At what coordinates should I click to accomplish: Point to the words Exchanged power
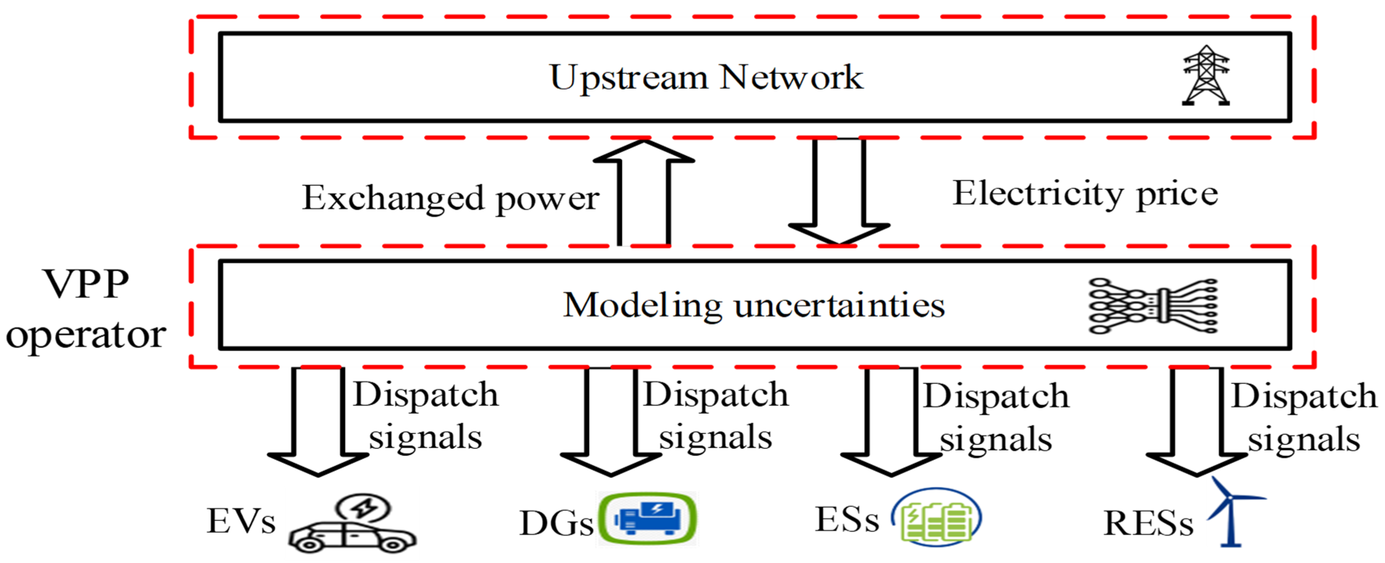click(451, 198)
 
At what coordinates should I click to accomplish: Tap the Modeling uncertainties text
click(753, 305)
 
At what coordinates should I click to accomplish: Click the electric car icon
click(352, 533)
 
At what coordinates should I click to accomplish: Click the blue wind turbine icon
click(1231, 513)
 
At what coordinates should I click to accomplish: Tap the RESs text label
click(1148, 523)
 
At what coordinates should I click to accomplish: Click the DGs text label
click(557, 523)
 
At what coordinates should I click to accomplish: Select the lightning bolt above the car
click(364, 507)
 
